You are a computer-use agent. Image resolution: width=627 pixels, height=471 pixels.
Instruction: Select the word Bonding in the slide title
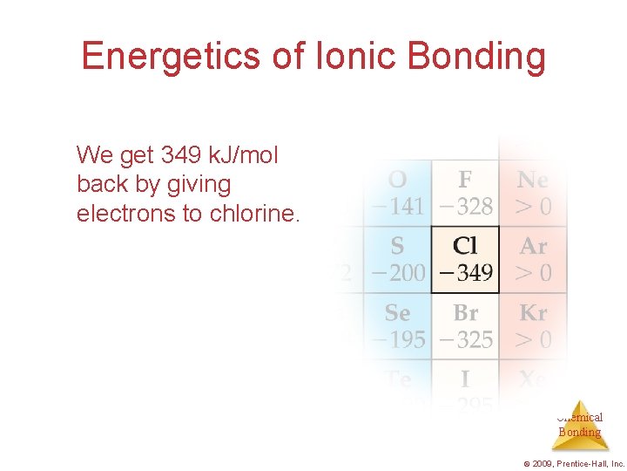475,57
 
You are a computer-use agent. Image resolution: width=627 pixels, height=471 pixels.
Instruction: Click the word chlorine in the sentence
254,214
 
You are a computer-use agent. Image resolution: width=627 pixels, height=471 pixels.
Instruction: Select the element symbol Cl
465,247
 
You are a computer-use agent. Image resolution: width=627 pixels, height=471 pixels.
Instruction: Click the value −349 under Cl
465,273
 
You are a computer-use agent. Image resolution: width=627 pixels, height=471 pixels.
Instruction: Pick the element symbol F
465,181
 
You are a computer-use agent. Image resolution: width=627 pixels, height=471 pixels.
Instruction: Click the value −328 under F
465,207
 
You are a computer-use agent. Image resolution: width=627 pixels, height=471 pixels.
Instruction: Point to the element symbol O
397,181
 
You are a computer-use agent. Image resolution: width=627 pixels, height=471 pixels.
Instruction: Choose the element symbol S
397,247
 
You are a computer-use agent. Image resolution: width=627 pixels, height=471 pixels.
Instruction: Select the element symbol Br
465,313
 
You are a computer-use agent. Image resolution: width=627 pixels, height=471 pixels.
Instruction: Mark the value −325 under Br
465,339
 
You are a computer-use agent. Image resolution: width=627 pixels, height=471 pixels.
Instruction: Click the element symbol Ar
533,247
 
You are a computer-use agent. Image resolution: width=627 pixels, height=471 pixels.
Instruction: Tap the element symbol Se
397,313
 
